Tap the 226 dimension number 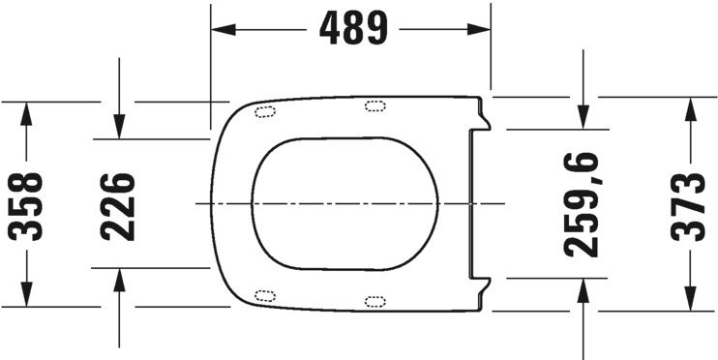click(118, 204)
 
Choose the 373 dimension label click(690, 204)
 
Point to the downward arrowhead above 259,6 click(583, 115)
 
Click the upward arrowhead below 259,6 click(583, 290)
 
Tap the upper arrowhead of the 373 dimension click(690, 108)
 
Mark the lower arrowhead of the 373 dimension click(690, 299)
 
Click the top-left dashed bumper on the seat click(263, 110)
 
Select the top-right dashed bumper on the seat click(374, 105)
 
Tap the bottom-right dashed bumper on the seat click(374, 302)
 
